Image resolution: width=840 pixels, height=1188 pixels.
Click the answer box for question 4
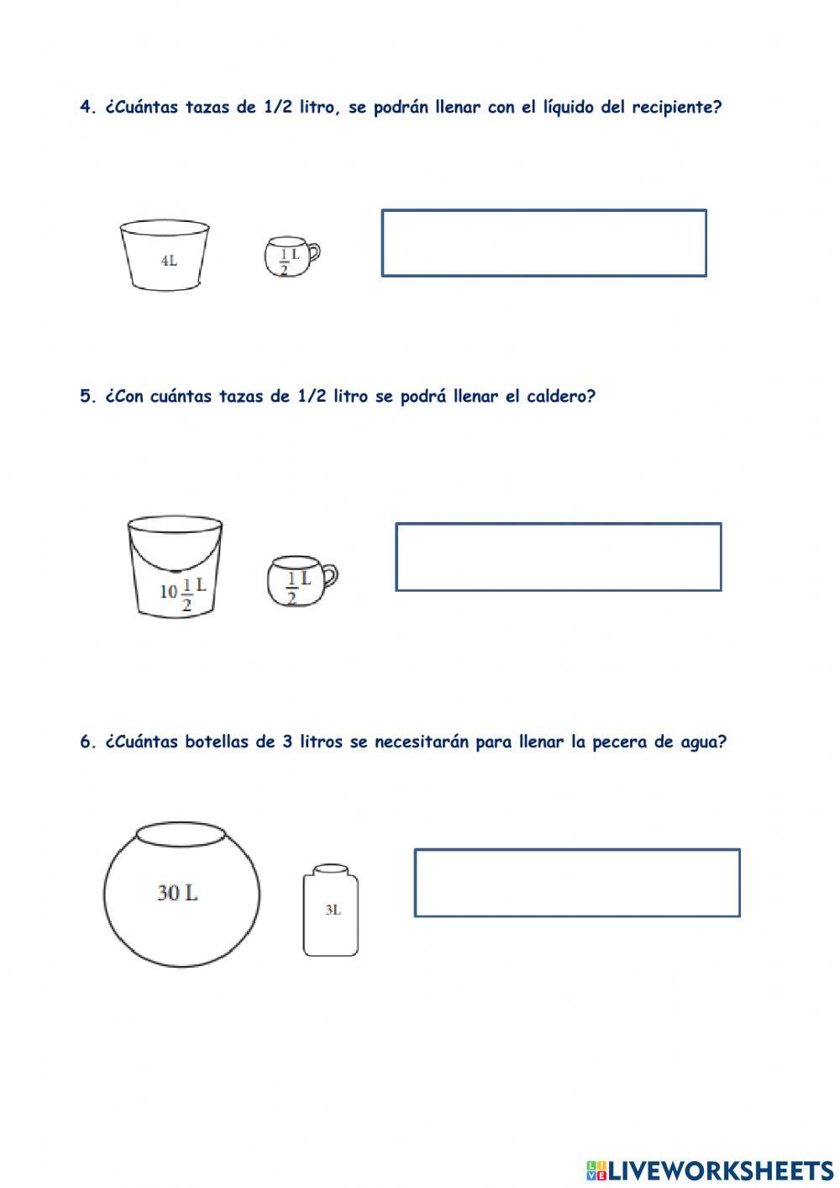point(543,243)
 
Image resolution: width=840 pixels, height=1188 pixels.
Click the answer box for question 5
point(558,557)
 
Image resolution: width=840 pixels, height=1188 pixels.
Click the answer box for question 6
point(576,883)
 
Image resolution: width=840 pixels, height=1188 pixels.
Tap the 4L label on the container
point(169,261)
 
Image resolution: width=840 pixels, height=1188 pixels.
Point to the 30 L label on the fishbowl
point(177,893)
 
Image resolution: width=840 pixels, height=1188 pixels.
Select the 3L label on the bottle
point(333,910)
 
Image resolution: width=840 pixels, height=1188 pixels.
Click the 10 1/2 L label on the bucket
point(182,591)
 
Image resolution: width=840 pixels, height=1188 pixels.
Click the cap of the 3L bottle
point(330,869)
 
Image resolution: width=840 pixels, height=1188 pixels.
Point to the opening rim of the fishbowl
point(181,835)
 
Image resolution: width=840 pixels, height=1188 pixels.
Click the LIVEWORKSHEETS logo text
point(720,1170)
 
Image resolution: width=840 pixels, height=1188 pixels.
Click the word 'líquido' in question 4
point(565,108)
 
